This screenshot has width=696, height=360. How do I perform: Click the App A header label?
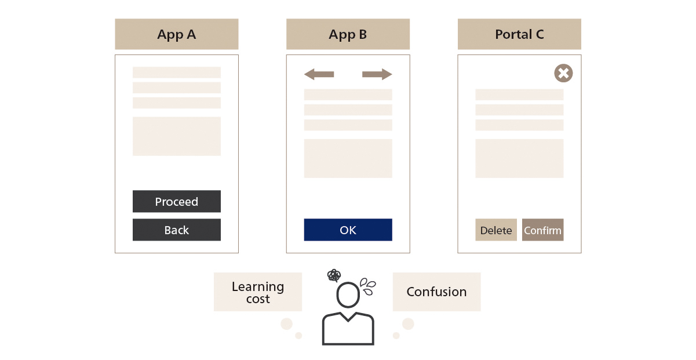[176, 34]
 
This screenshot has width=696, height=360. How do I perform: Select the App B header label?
[348, 34]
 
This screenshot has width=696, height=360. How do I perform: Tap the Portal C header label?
[519, 34]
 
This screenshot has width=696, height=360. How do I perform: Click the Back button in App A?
[176, 230]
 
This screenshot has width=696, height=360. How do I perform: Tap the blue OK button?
[348, 230]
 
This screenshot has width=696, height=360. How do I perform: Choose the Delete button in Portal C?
[495, 230]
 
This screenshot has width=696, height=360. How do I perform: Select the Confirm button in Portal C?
[542, 230]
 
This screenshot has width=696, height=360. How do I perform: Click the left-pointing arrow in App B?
[319, 74]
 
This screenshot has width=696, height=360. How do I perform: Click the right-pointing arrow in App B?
[377, 74]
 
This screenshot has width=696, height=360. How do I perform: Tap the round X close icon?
[563, 73]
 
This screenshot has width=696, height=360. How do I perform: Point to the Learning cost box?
[257, 292]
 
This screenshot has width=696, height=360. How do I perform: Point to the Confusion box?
[436, 292]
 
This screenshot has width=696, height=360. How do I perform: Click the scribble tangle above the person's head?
[334, 275]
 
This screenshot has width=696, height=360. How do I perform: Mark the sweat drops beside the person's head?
[367, 283]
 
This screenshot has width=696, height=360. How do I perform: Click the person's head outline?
[348, 296]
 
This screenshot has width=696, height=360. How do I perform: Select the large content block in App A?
[176, 136]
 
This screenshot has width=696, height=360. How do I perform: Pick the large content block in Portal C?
[519, 158]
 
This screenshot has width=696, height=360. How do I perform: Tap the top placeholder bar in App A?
[176, 72]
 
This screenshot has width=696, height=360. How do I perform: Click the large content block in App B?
[348, 158]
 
